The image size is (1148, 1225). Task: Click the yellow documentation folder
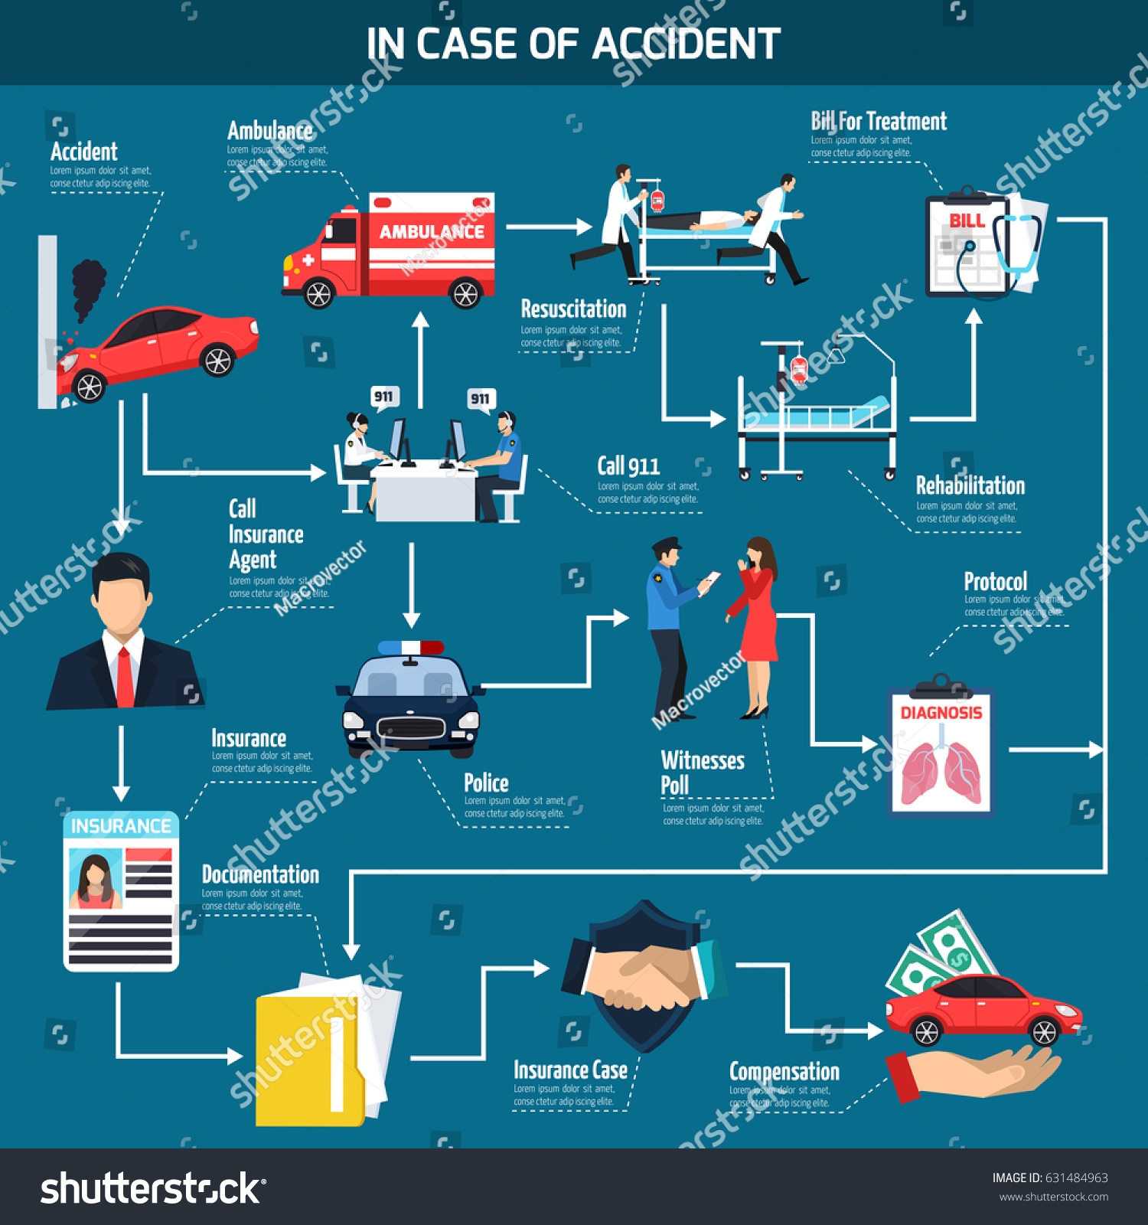(314, 1057)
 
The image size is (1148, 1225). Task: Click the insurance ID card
(121, 892)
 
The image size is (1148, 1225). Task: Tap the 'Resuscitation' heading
(573, 309)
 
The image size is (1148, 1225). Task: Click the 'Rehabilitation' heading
(970, 486)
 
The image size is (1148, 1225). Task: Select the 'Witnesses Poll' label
(702, 772)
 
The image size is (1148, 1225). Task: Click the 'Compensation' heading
(784, 1071)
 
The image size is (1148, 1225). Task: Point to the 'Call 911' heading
(628, 466)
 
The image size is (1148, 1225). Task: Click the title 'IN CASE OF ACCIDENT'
(573, 44)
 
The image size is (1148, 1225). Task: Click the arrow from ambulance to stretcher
(548, 227)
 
